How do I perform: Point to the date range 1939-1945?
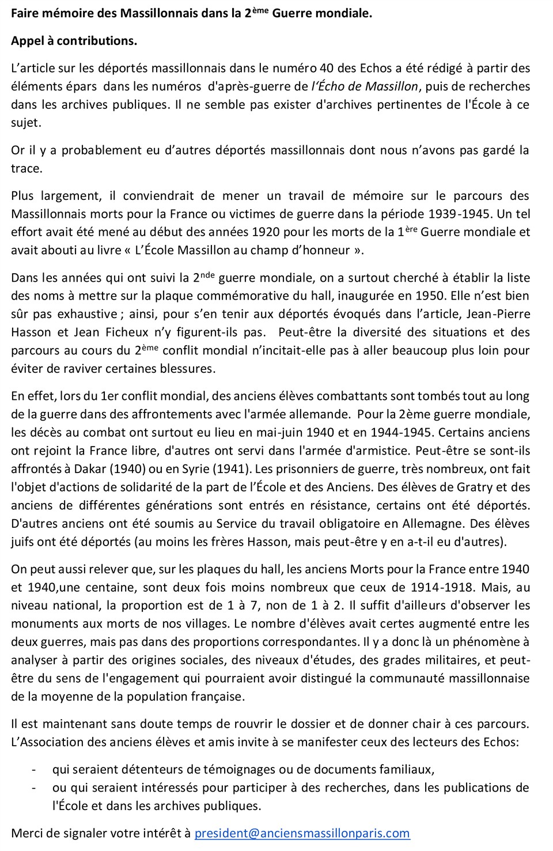pos(460,214)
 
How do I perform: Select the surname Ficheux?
pos(126,332)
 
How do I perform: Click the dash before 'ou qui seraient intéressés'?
pos(34,788)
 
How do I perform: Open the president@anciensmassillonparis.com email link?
pos(302,833)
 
